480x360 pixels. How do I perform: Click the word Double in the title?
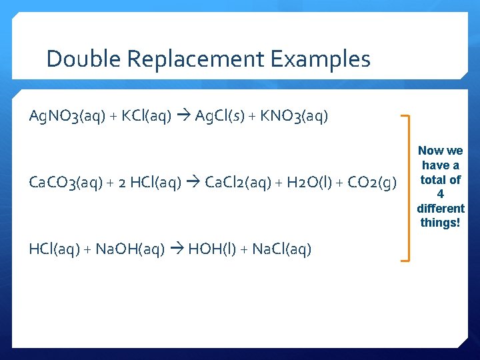[83, 59]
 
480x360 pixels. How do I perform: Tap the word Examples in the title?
[321, 59]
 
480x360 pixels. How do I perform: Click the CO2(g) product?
[371, 183]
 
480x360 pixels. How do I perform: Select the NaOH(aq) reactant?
[131, 249]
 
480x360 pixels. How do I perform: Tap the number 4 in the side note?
[440, 194]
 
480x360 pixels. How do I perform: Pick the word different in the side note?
[440, 208]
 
